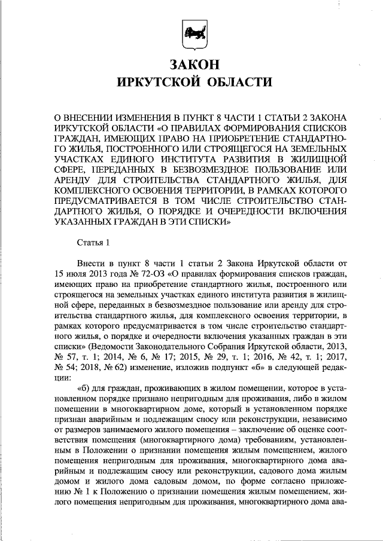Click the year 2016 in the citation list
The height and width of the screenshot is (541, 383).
(244, 360)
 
